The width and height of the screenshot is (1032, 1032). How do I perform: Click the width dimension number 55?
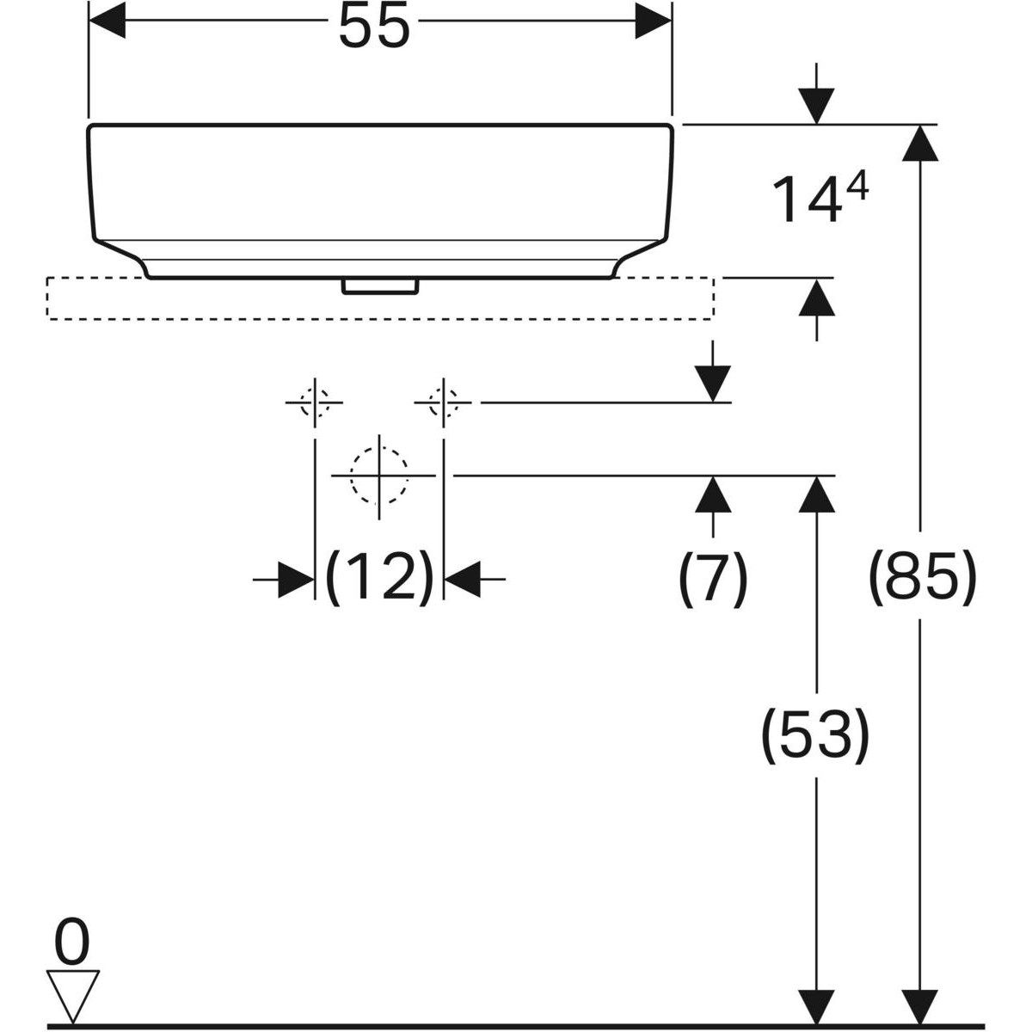(373, 26)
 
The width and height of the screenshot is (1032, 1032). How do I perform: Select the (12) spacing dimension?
(379, 578)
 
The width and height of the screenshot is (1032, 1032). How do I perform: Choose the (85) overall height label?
(921, 578)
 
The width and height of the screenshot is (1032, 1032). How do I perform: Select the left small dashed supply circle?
(315, 402)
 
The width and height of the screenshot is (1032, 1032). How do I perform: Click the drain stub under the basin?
(379, 286)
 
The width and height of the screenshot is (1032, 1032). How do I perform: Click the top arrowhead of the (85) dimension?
(921, 143)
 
